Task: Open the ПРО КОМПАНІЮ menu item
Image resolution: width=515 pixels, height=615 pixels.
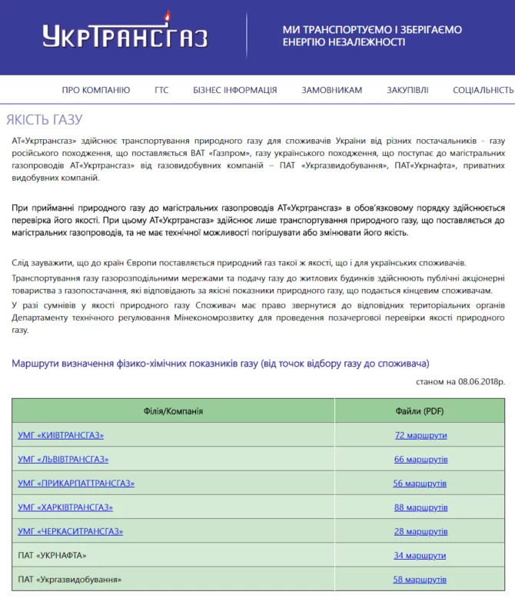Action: pos(96,90)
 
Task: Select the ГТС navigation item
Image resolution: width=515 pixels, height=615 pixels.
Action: pos(161,90)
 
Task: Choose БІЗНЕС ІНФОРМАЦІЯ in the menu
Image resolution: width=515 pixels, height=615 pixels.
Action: pos(234,90)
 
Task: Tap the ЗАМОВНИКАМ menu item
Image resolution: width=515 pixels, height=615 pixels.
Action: pos(331,90)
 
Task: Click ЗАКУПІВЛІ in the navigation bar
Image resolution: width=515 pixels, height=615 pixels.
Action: pos(407,90)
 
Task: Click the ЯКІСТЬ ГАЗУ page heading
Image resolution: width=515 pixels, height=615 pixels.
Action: pos(44,120)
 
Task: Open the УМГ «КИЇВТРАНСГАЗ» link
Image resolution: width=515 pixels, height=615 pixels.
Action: pos(61,435)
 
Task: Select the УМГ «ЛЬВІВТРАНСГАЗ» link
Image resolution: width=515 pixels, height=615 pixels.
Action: pos(63,459)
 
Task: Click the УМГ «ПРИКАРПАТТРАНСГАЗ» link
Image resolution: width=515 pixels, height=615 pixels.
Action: pos(76,483)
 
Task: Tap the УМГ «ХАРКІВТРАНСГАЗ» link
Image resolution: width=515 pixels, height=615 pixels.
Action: pos(65,507)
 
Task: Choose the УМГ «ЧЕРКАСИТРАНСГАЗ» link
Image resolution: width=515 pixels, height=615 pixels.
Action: pos(70,530)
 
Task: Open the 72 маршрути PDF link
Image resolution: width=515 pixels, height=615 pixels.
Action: pos(420,435)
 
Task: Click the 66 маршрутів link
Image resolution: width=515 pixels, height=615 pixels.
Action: pos(420,459)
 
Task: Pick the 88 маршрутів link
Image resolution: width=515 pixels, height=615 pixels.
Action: pos(420,507)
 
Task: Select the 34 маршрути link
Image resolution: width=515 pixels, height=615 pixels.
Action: pos(420,555)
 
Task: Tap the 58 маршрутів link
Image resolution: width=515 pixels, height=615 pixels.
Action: pos(420,579)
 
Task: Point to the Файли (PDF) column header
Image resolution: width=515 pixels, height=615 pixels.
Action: pos(420,411)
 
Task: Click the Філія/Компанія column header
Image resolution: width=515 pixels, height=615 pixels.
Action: pos(173,411)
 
